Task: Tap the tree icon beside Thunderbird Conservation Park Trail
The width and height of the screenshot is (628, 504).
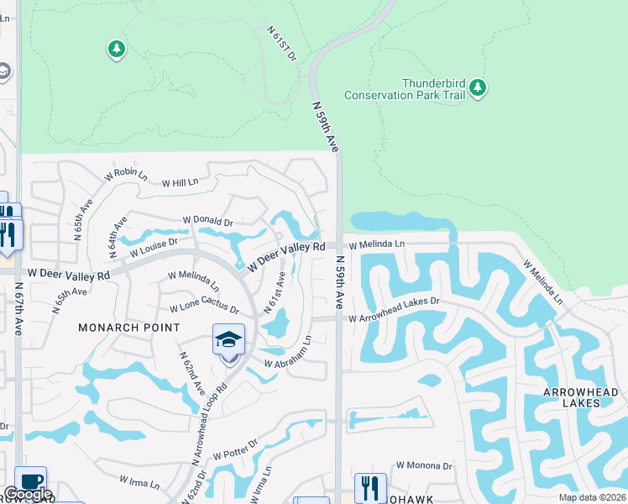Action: (478, 87)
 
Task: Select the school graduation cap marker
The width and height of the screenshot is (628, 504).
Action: (228, 340)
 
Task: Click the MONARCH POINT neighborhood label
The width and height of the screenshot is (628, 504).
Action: (129, 327)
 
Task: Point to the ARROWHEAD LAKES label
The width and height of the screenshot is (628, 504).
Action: (580, 397)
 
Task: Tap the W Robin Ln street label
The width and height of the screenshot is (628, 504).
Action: (126, 175)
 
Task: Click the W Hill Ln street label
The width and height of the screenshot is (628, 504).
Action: (180, 182)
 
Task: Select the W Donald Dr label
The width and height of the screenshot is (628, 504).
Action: (207, 222)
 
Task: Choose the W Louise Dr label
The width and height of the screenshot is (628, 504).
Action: (154, 246)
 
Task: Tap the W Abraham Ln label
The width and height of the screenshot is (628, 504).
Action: (288, 353)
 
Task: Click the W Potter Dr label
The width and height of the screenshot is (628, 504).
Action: (234, 449)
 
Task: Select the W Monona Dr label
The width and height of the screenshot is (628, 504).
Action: (424, 465)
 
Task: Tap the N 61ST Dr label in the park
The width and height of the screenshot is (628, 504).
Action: (283, 43)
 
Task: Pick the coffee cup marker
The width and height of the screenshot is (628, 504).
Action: (31, 482)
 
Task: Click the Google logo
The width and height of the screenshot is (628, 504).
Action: (27, 495)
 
